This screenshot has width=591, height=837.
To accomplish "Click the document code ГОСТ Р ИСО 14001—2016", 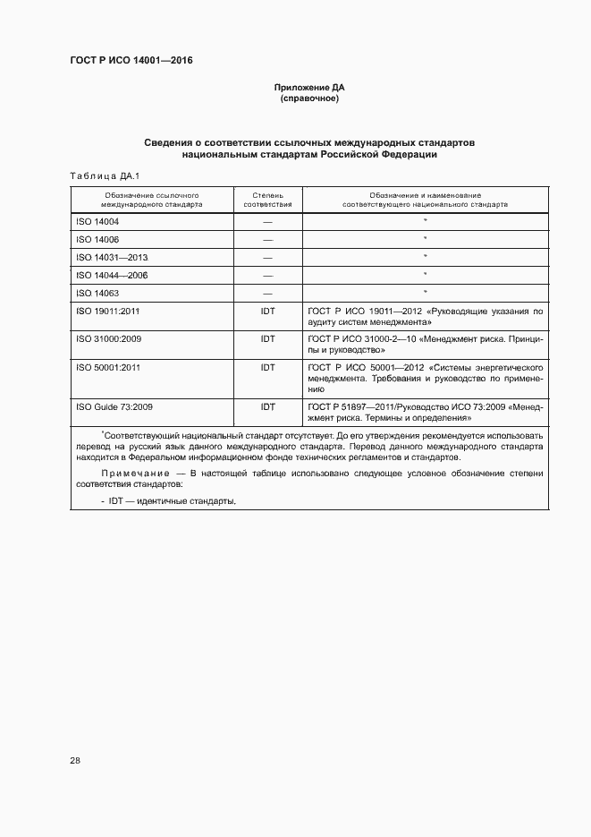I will point(131,61).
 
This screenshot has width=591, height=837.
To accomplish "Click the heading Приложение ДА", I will point(308,87).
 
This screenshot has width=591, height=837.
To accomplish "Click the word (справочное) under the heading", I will point(308,98).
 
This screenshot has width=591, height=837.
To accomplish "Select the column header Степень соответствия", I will point(267,199).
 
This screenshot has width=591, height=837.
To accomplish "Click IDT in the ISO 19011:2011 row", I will point(267,311).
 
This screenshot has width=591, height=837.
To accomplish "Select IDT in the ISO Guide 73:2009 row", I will point(267,406).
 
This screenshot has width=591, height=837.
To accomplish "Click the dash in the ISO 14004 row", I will point(267,221).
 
